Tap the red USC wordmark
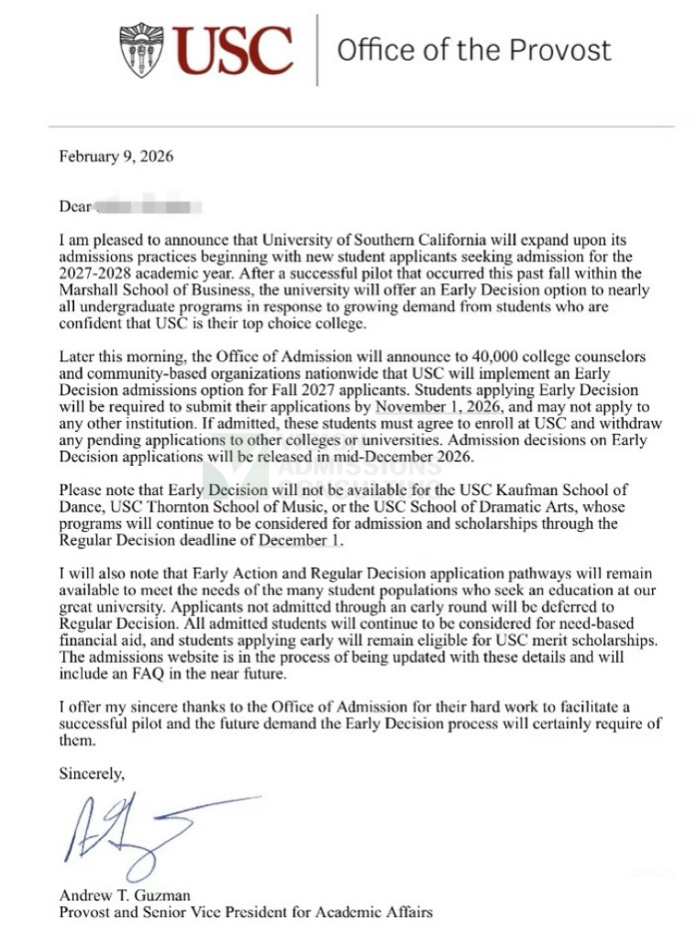[x=233, y=50]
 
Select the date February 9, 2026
[x=116, y=156]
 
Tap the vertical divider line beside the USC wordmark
[x=317, y=50]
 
